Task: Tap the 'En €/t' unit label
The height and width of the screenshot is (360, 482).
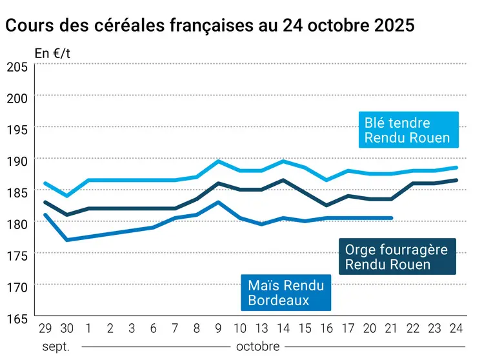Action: tap(52, 54)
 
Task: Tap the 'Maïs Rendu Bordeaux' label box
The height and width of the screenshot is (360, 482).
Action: tap(286, 292)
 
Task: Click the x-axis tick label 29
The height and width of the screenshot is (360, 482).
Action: tap(45, 328)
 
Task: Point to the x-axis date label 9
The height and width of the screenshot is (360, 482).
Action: tap(219, 328)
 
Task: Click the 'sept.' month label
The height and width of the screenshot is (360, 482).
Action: tap(55, 346)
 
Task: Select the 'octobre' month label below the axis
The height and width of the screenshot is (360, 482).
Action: tap(257, 346)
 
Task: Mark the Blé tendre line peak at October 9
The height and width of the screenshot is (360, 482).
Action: tap(219, 161)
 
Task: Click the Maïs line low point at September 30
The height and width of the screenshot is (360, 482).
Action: tap(66, 240)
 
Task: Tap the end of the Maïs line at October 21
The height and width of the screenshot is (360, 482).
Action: tap(392, 218)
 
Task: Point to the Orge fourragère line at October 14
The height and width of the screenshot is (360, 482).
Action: tap(283, 180)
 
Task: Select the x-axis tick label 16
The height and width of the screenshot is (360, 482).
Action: tap(326, 328)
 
